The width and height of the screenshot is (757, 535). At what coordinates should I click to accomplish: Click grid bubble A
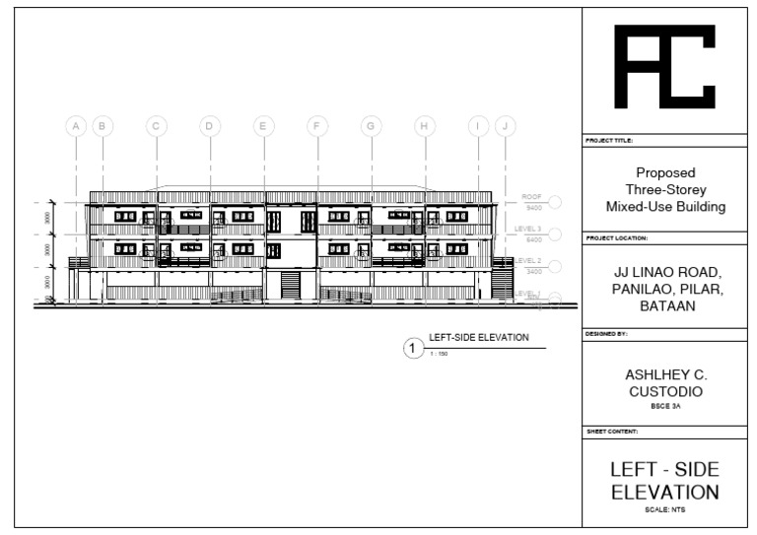click(x=76, y=126)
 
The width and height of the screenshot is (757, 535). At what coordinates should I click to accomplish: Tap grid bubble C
click(x=156, y=126)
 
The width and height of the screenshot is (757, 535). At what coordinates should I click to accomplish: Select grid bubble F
click(x=316, y=126)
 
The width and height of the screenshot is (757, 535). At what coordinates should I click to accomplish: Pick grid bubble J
click(x=505, y=126)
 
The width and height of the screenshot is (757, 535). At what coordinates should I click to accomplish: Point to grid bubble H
click(x=424, y=126)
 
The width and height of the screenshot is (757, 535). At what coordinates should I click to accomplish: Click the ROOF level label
click(x=531, y=198)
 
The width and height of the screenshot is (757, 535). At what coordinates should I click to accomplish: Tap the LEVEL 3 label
click(x=530, y=229)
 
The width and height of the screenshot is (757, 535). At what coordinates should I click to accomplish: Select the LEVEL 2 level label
click(x=529, y=260)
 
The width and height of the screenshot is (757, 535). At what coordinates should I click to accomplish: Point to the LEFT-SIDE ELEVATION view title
click(x=479, y=338)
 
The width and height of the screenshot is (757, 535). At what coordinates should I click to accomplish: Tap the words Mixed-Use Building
click(x=665, y=207)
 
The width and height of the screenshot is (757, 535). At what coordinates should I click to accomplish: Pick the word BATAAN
click(x=665, y=307)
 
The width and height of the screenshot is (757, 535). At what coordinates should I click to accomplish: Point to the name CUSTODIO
click(x=665, y=392)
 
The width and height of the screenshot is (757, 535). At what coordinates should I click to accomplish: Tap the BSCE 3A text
click(x=665, y=406)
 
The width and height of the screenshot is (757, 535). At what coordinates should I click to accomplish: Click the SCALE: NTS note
click(x=665, y=509)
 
